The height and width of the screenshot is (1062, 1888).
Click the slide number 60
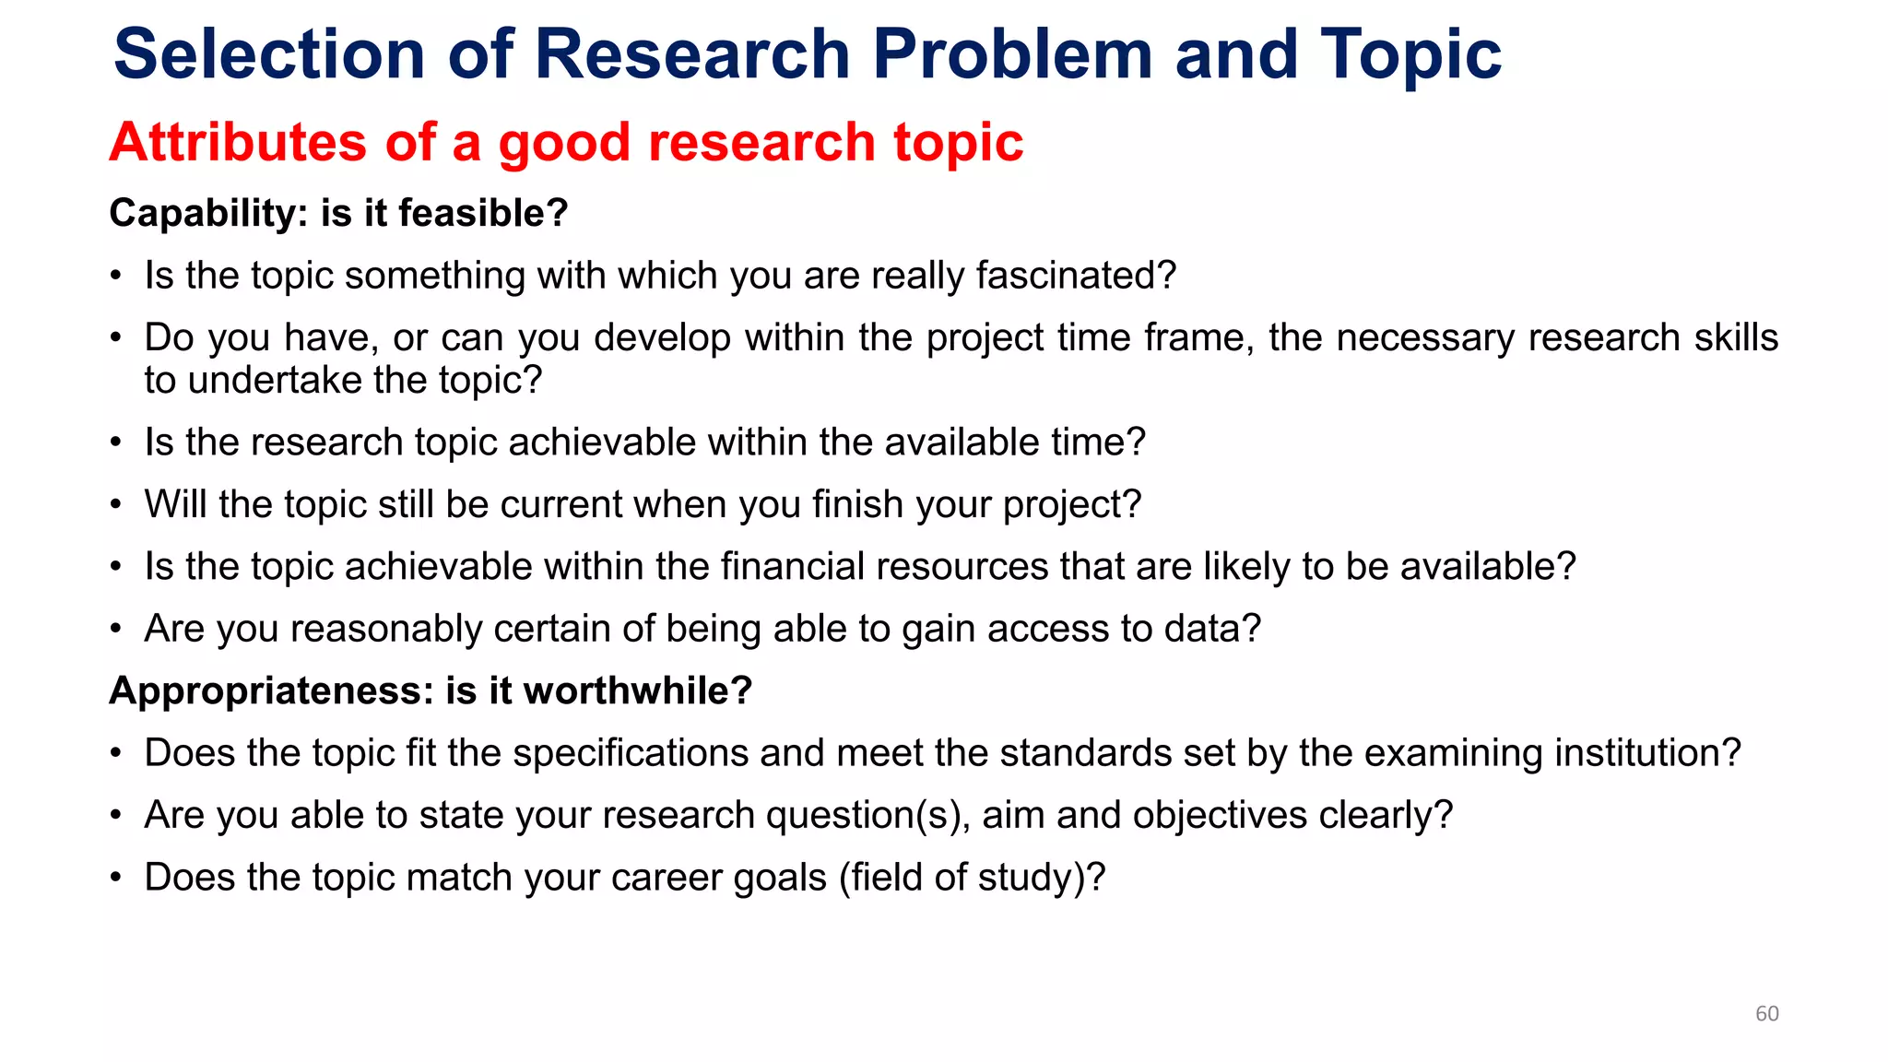1766,1013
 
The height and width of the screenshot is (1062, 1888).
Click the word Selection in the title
268,54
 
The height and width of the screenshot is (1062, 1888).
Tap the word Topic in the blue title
1410,54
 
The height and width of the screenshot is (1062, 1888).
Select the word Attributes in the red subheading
238,143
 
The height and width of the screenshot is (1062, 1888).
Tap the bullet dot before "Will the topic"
115,505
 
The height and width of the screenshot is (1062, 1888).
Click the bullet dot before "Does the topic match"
115,878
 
